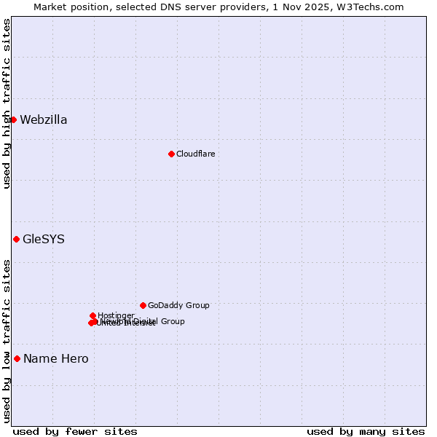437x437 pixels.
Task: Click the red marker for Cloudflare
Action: (x=171, y=154)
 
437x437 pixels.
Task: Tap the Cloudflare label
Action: (x=195, y=154)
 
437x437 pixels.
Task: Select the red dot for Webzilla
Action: (x=13, y=119)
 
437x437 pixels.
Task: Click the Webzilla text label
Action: (x=44, y=120)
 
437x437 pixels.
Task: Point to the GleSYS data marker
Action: (x=16, y=239)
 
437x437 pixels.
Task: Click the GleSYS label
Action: (x=44, y=240)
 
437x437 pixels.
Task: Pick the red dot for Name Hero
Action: (x=17, y=358)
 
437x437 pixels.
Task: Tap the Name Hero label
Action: (x=56, y=359)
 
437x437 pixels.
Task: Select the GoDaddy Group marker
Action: (x=143, y=305)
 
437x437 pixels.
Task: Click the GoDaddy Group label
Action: (x=178, y=306)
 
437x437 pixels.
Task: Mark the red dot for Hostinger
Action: (x=92, y=315)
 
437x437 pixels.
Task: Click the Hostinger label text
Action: (x=116, y=315)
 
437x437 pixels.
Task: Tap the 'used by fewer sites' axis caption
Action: (x=75, y=431)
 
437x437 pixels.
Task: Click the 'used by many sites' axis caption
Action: (x=366, y=431)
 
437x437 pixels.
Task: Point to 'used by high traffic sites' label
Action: (x=7, y=103)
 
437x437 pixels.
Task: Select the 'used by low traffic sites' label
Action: (x=7, y=341)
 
